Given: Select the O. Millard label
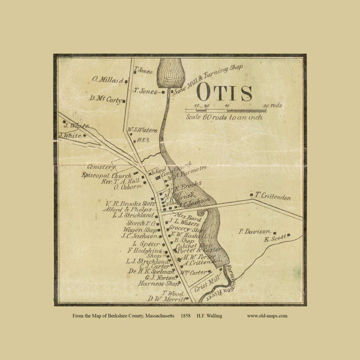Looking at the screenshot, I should [107, 79].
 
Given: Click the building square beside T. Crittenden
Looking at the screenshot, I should [251, 195].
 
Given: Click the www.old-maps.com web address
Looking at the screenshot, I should [267, 315].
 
